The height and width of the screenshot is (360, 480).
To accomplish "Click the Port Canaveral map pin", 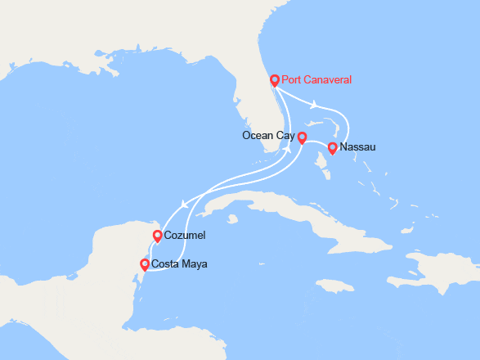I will pyautogui.click(x=275, y=80).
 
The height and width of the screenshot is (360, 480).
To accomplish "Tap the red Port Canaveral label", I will pyautogui.click(x=316, y=80).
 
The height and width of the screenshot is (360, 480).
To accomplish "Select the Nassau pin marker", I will pyautogui.click(x=332, y=148).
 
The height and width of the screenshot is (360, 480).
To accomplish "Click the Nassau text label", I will pyautogui.click(x=359, y=149).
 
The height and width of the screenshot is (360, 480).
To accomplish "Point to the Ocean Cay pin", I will pyautogui.click(x=301, y=137).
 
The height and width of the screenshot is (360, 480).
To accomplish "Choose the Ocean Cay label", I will pyautogui.click(x=268, y=135).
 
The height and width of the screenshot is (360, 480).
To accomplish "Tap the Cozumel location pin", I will pyautogui.click(x=157, y=236).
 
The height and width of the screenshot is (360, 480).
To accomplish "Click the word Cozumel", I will pyautogui.click(x=185, y=236).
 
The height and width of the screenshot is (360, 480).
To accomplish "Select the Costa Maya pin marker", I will pyautogui.click(x=145, y=264).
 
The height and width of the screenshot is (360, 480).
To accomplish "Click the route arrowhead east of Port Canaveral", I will pyautogui.click(x=315, y=104).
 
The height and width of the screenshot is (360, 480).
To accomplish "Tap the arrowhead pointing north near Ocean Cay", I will pyautogui.click(x=288, y=152).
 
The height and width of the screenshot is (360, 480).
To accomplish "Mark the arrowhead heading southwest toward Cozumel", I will pyautogui.click(x=182, y=205).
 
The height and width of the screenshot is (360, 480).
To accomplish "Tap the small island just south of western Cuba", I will pyautogui.click(x=232, y=218).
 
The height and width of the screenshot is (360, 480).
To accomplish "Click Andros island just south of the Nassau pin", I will pyautogui.click(x=328, y=172).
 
